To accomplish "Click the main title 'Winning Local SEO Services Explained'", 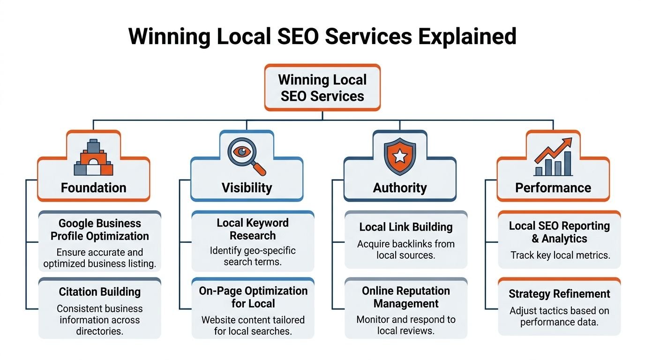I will click(x=322, y=37).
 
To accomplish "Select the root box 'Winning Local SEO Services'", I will click(x=322, y=88).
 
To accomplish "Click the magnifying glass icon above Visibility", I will click(x=247, y=157).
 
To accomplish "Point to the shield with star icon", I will click(x=400, y=157).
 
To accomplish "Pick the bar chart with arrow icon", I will click(x=553, y=157).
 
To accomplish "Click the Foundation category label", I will click(x=94, y=188).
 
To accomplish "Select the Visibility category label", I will click(x=247, y=188).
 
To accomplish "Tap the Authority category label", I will click(x=400, y=188).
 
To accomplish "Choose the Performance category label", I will click(x=553, y=188).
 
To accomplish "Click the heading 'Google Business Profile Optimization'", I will click(x=100, y=230).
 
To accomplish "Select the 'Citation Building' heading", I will click(x=100, y=292).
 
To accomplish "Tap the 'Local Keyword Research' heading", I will click(x=253, y=229).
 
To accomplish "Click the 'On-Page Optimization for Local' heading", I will click(x=253, y=297).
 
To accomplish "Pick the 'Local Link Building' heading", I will click(x=406, y=227).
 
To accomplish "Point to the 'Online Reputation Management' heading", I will click(x=406, y=297).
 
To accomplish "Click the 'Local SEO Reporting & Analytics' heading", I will click(x=559, y=232).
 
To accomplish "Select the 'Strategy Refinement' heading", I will click(x=559, y=294).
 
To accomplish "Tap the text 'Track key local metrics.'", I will click(x=560, y=255).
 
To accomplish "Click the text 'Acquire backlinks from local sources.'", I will click(x=406, y=250).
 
